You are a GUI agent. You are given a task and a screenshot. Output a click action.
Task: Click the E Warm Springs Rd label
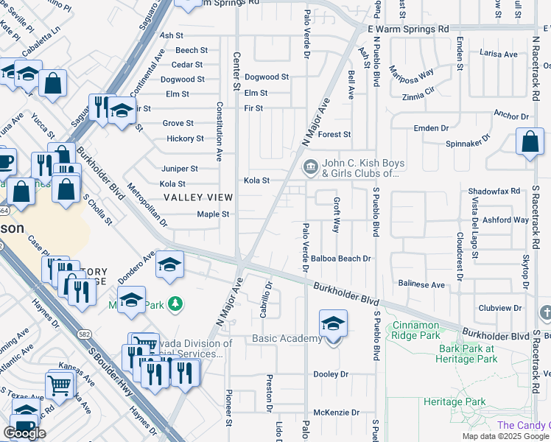(x=408, y=29)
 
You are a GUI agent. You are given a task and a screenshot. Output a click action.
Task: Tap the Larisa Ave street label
(x=499, y=54)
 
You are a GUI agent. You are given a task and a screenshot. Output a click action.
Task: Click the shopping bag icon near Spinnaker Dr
(x=530, y=143)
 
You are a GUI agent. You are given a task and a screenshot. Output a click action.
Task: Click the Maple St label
(x=213, y=214)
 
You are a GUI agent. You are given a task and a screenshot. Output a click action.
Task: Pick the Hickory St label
(x=185, y=138)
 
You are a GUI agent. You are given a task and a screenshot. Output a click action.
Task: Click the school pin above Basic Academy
(x=332, y=323)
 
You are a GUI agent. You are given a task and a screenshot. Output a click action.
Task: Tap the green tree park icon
(x=175, y=303)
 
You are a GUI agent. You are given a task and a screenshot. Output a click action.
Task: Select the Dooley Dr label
(x=331, y=374)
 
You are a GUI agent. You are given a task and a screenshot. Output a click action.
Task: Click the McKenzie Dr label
(x=336, y=413)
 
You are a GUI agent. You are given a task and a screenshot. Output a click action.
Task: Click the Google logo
(x=24, y=433)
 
